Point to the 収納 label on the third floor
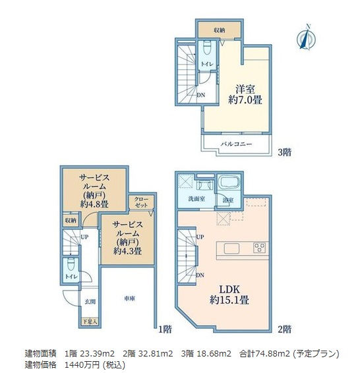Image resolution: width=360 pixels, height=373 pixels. tap(218, 30)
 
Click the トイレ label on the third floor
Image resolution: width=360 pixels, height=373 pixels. tap(206, 64)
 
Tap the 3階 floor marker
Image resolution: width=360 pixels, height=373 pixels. tap(284, 152)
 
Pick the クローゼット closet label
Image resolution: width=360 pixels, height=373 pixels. tap(141, 202)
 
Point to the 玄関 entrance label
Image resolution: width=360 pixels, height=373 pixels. tap(90, 301)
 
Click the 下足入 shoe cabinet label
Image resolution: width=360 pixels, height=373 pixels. tap(89, 322)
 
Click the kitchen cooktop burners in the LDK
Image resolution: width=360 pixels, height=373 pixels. tap(260, 248)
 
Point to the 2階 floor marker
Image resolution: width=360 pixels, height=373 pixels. tap(284, 328)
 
